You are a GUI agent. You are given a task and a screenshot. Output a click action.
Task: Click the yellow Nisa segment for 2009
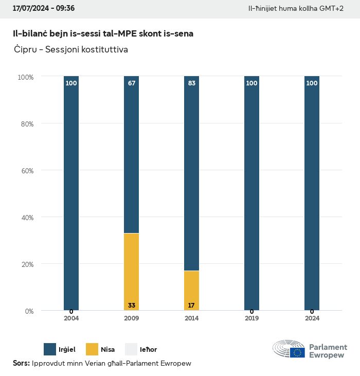[x=132, y=272]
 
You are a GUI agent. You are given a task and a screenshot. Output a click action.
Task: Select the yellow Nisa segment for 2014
[x=191, y=290]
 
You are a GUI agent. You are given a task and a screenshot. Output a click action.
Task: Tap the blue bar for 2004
[x=71, y=193]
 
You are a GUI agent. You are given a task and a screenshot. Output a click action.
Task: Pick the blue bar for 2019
[x=251, y=193]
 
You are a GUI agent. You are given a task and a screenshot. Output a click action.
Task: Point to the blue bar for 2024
[x=312, y=193]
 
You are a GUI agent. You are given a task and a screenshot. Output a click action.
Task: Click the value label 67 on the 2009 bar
[x=132, y=83]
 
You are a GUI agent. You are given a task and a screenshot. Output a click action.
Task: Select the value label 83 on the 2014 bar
[x=191, y=83]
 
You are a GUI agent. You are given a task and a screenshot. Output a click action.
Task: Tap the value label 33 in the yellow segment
[x=132, y=306]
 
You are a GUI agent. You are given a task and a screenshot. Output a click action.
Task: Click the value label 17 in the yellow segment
[x=191, y=306]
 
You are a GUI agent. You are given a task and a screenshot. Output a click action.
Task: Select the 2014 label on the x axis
[x=191, y=318]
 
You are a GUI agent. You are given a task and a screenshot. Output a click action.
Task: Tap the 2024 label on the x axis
[x=312, y=318]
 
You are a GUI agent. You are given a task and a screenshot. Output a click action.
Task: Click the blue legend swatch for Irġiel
[x=50, y=349]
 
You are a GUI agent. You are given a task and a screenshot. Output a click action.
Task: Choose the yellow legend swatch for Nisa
[x=92, y=349]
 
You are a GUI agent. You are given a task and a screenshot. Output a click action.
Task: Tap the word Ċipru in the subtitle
[x=26, y=50]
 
